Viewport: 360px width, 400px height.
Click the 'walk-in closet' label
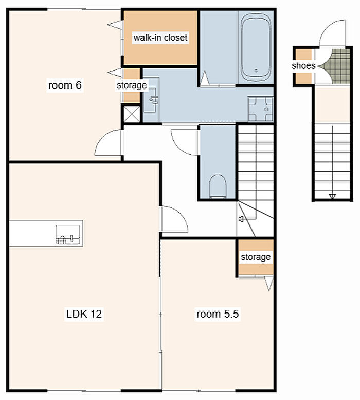click(x=160, y=38)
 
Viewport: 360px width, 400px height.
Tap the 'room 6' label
click(x=65, y=85)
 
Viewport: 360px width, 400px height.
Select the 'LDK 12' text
click(x=84, y=314)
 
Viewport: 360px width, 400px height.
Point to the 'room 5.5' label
click(x=218, y=314)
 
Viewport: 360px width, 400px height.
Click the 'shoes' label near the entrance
click(x=303, y=66)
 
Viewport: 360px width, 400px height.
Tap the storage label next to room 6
click(x=132, y=85)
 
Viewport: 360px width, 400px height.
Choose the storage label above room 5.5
click(x=256, y=257)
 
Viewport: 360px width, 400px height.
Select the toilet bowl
click(x=218, y=186)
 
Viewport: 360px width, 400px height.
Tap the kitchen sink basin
click(x=68, y=234)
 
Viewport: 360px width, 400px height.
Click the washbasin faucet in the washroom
click(x=154, y=99)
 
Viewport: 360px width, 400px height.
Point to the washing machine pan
click(x=260, y=109)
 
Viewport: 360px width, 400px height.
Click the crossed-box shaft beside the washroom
click(x=132, y=114)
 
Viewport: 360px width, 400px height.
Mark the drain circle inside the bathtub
click(x=256, y=71)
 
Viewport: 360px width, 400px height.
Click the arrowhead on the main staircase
click(x=241, y=219)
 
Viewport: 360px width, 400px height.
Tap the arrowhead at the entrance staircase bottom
click(x=332, y=196)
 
